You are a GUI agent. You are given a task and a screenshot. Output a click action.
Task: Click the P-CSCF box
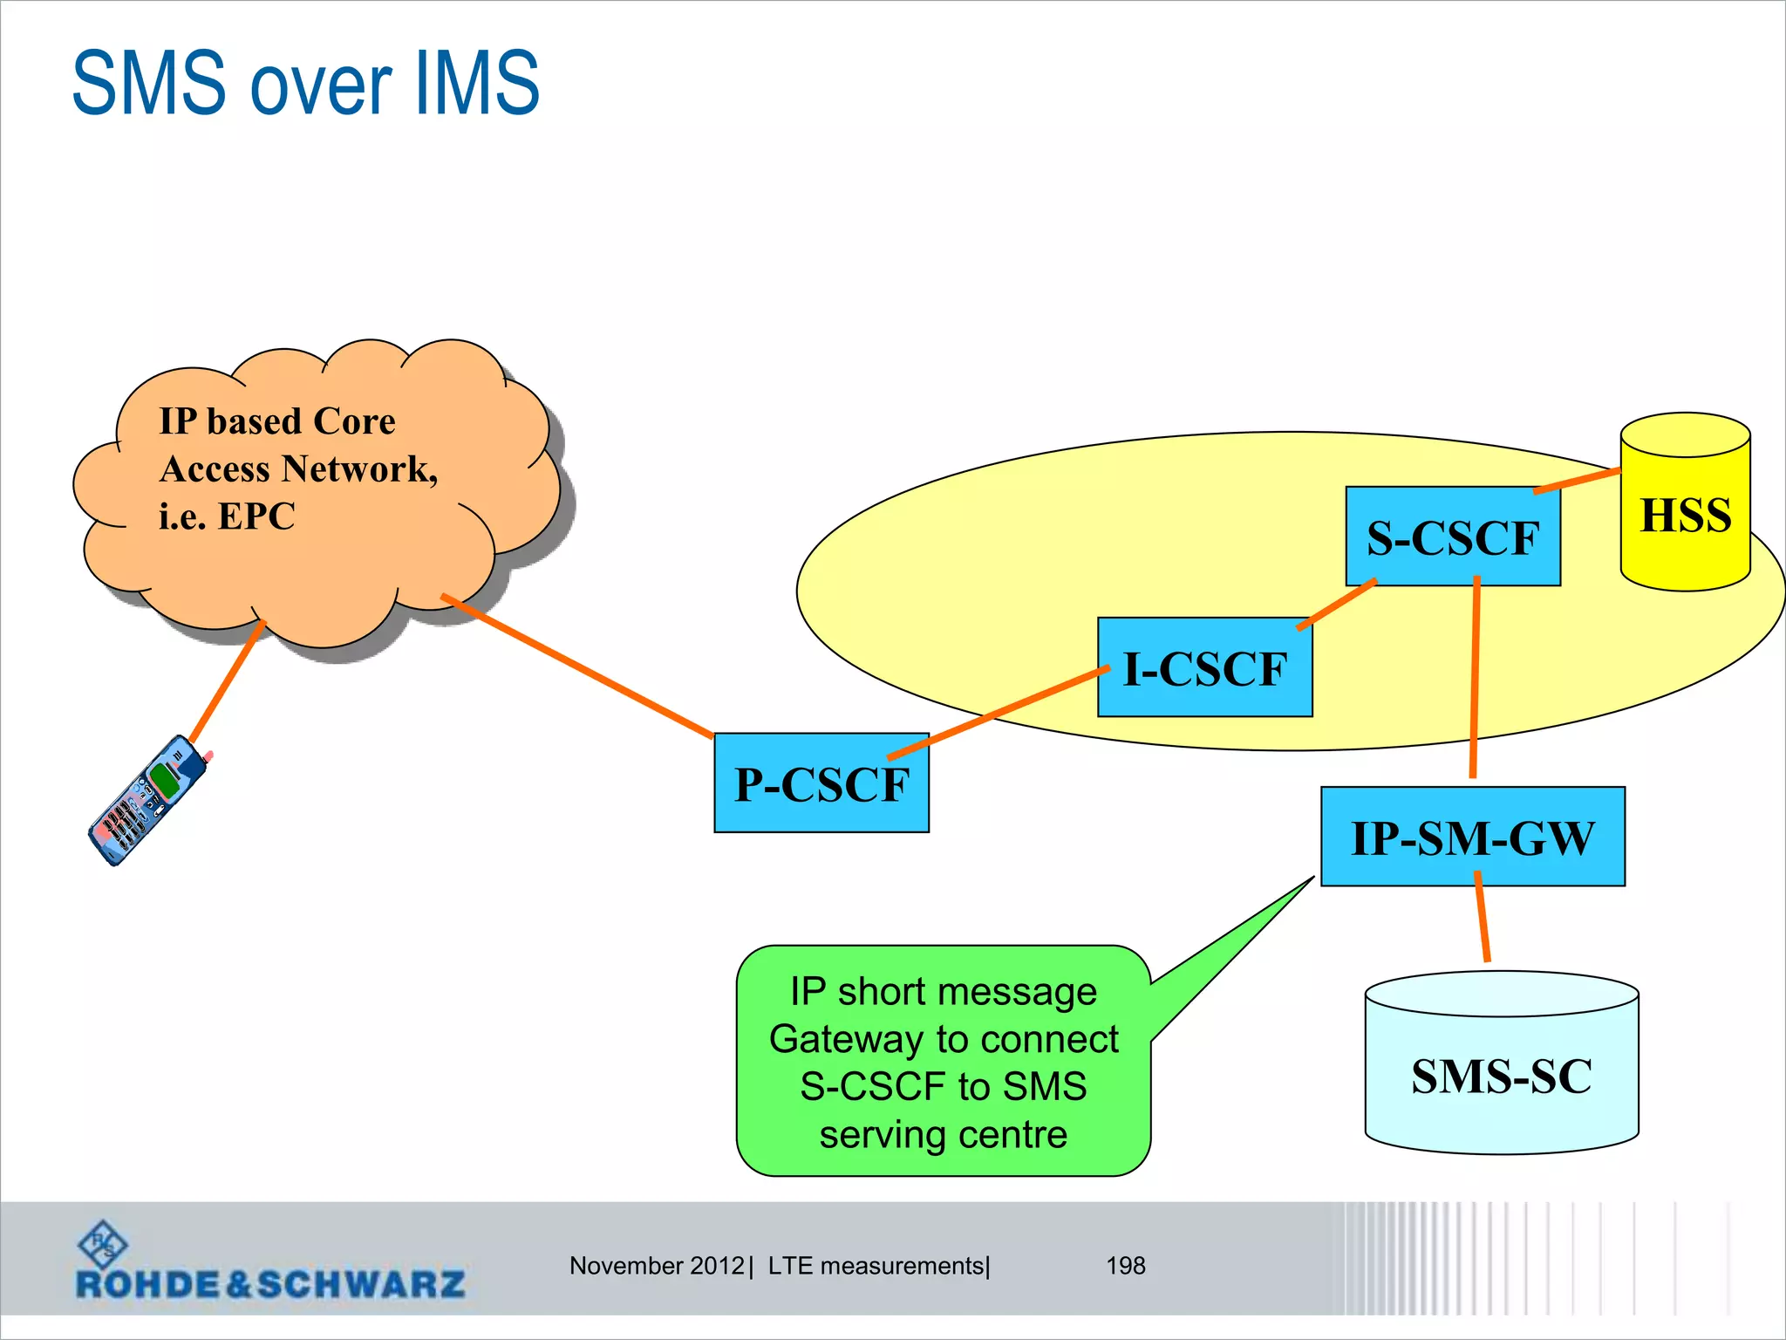coord(821,783)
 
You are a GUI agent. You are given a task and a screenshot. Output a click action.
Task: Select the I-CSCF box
coord(1204,668)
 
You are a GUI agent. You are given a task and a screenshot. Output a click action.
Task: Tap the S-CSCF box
coord(1452,537)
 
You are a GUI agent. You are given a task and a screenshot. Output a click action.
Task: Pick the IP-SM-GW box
coord(1472,837)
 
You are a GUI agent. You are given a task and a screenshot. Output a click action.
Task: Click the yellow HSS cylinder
coord(1685,515)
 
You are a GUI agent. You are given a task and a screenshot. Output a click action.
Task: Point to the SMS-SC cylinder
coord(1501,1075)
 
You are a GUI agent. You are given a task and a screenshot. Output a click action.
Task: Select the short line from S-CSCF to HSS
coord(1577,481)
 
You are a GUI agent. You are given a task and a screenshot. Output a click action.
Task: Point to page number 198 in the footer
coord(1125,1265)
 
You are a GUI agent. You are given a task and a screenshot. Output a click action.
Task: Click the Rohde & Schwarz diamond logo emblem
coord(102,1243)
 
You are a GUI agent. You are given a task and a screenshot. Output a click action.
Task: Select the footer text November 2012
coord(657,1265)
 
